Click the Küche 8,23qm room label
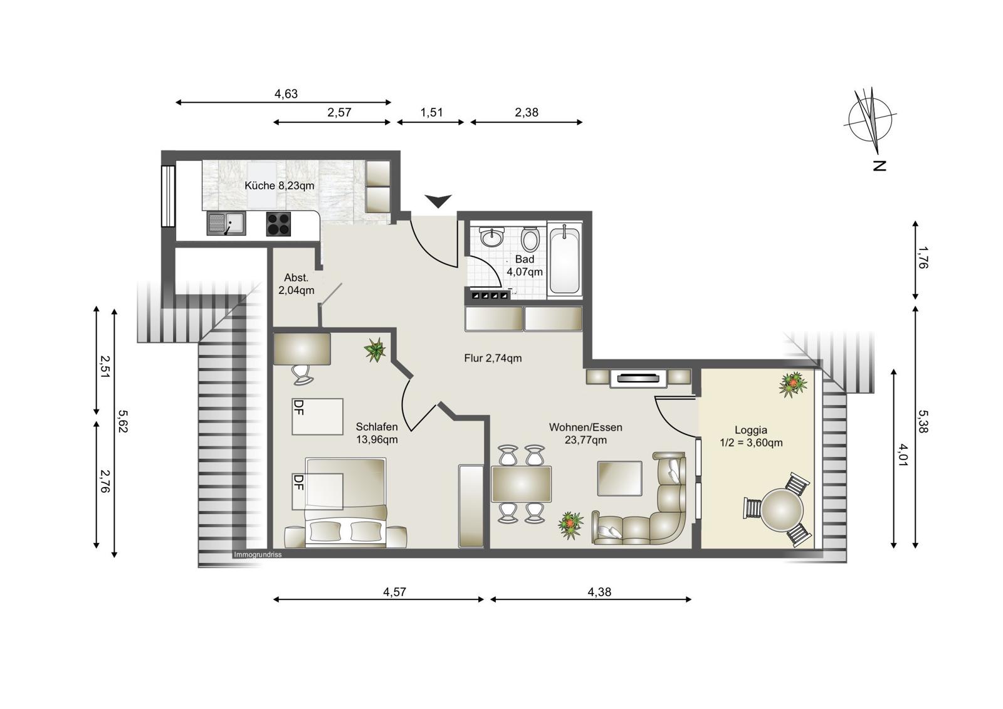tap(280, 186)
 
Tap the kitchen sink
tap(226, 224)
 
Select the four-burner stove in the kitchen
tap(278, 224)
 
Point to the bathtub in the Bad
tap(565, 260)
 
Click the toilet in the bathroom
tap(530, 239)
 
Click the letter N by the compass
tap(880, 165)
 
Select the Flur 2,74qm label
tap(493, 359)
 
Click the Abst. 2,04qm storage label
tap(296, 284)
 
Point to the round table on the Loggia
tap(782, 510)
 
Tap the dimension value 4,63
tap(286, 93)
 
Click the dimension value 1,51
tap(431, 112)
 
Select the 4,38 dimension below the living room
tap(599, 592)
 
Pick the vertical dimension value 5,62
tap(123, 422)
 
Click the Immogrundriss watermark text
tap(258, 555)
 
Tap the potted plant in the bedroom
tap(375, 350)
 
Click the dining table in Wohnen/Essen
tap(521, 484)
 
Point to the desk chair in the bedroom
tap(302, 374)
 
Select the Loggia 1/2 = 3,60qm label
tap(751, 436)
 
